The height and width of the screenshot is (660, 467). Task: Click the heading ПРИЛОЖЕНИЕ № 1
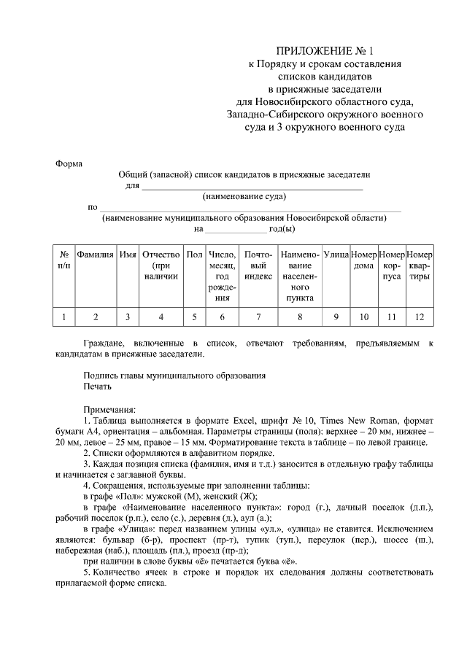pos(324,51)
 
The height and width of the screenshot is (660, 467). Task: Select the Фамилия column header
pos(96,255)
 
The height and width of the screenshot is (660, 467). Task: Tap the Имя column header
pos(128,255)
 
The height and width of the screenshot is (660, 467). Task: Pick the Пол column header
pos(194,255)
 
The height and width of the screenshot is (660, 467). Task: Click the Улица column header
pos(336,255)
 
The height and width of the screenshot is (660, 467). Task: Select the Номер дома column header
pos(363,260)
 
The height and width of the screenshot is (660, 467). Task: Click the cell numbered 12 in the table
pos(419,317)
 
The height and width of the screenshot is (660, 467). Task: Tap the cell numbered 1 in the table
pos(63,317)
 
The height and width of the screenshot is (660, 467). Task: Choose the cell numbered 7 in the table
pos(258,317)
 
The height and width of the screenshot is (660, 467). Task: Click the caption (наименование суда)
pos(244,196)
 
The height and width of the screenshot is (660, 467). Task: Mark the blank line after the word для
pos(252,187)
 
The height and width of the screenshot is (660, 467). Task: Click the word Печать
pos(97,387)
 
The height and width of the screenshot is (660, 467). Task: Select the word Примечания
pos(109,409)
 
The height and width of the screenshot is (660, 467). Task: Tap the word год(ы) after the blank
pos(282,228)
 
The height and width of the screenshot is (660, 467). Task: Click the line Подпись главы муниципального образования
pos(174,376)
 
